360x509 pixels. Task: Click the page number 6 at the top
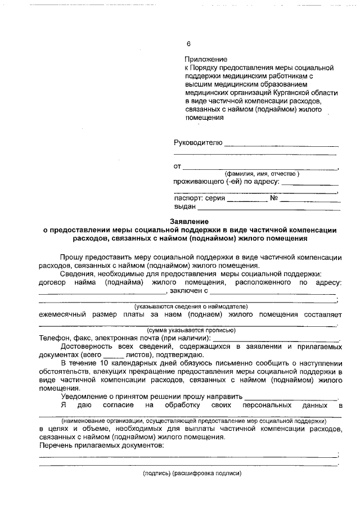[188, 44]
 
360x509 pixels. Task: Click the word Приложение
[205, 59]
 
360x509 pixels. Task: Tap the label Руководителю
[198, 143]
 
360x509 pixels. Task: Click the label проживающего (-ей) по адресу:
[226, 182]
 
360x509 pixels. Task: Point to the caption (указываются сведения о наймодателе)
[191, 307]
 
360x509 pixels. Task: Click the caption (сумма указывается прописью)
[191, 330]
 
